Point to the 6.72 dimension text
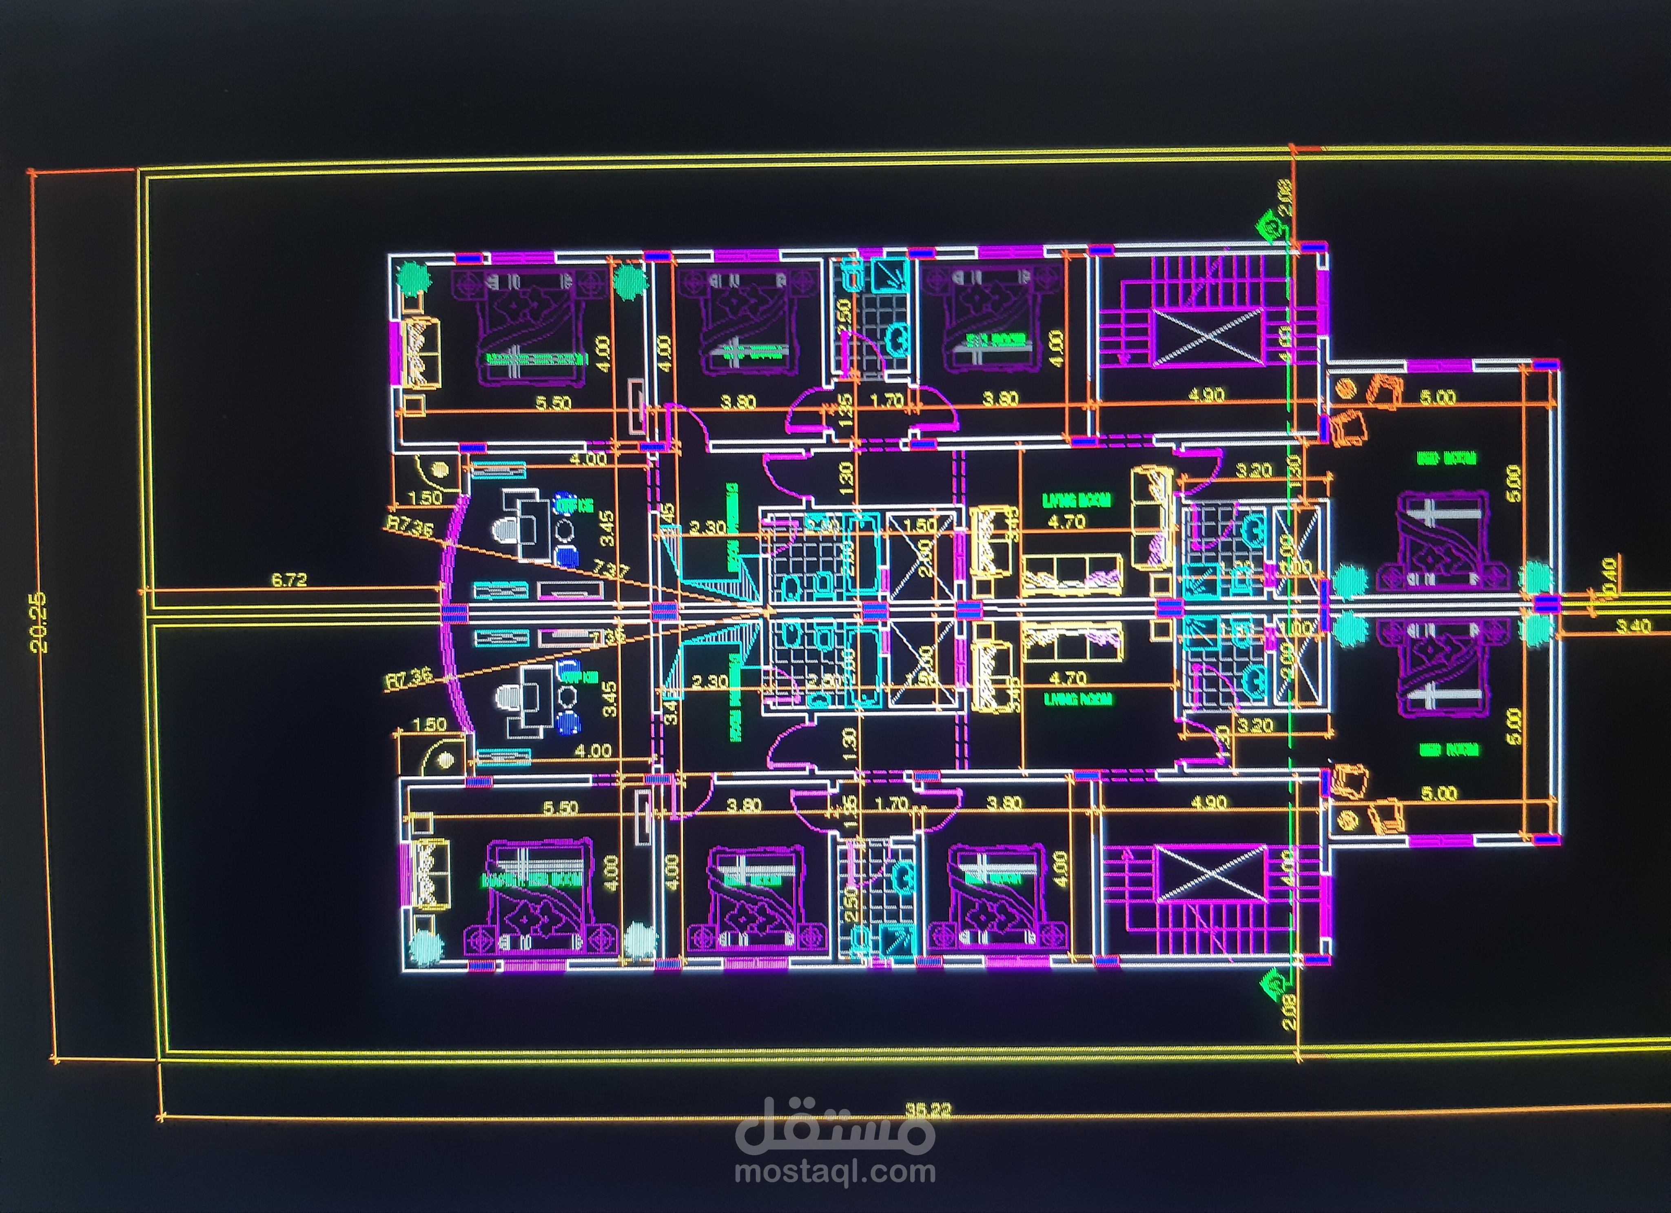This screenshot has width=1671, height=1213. coord(289,580)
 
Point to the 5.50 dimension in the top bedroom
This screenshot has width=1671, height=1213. coord(552,403)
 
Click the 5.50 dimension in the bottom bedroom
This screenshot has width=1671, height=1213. coord(560,808)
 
